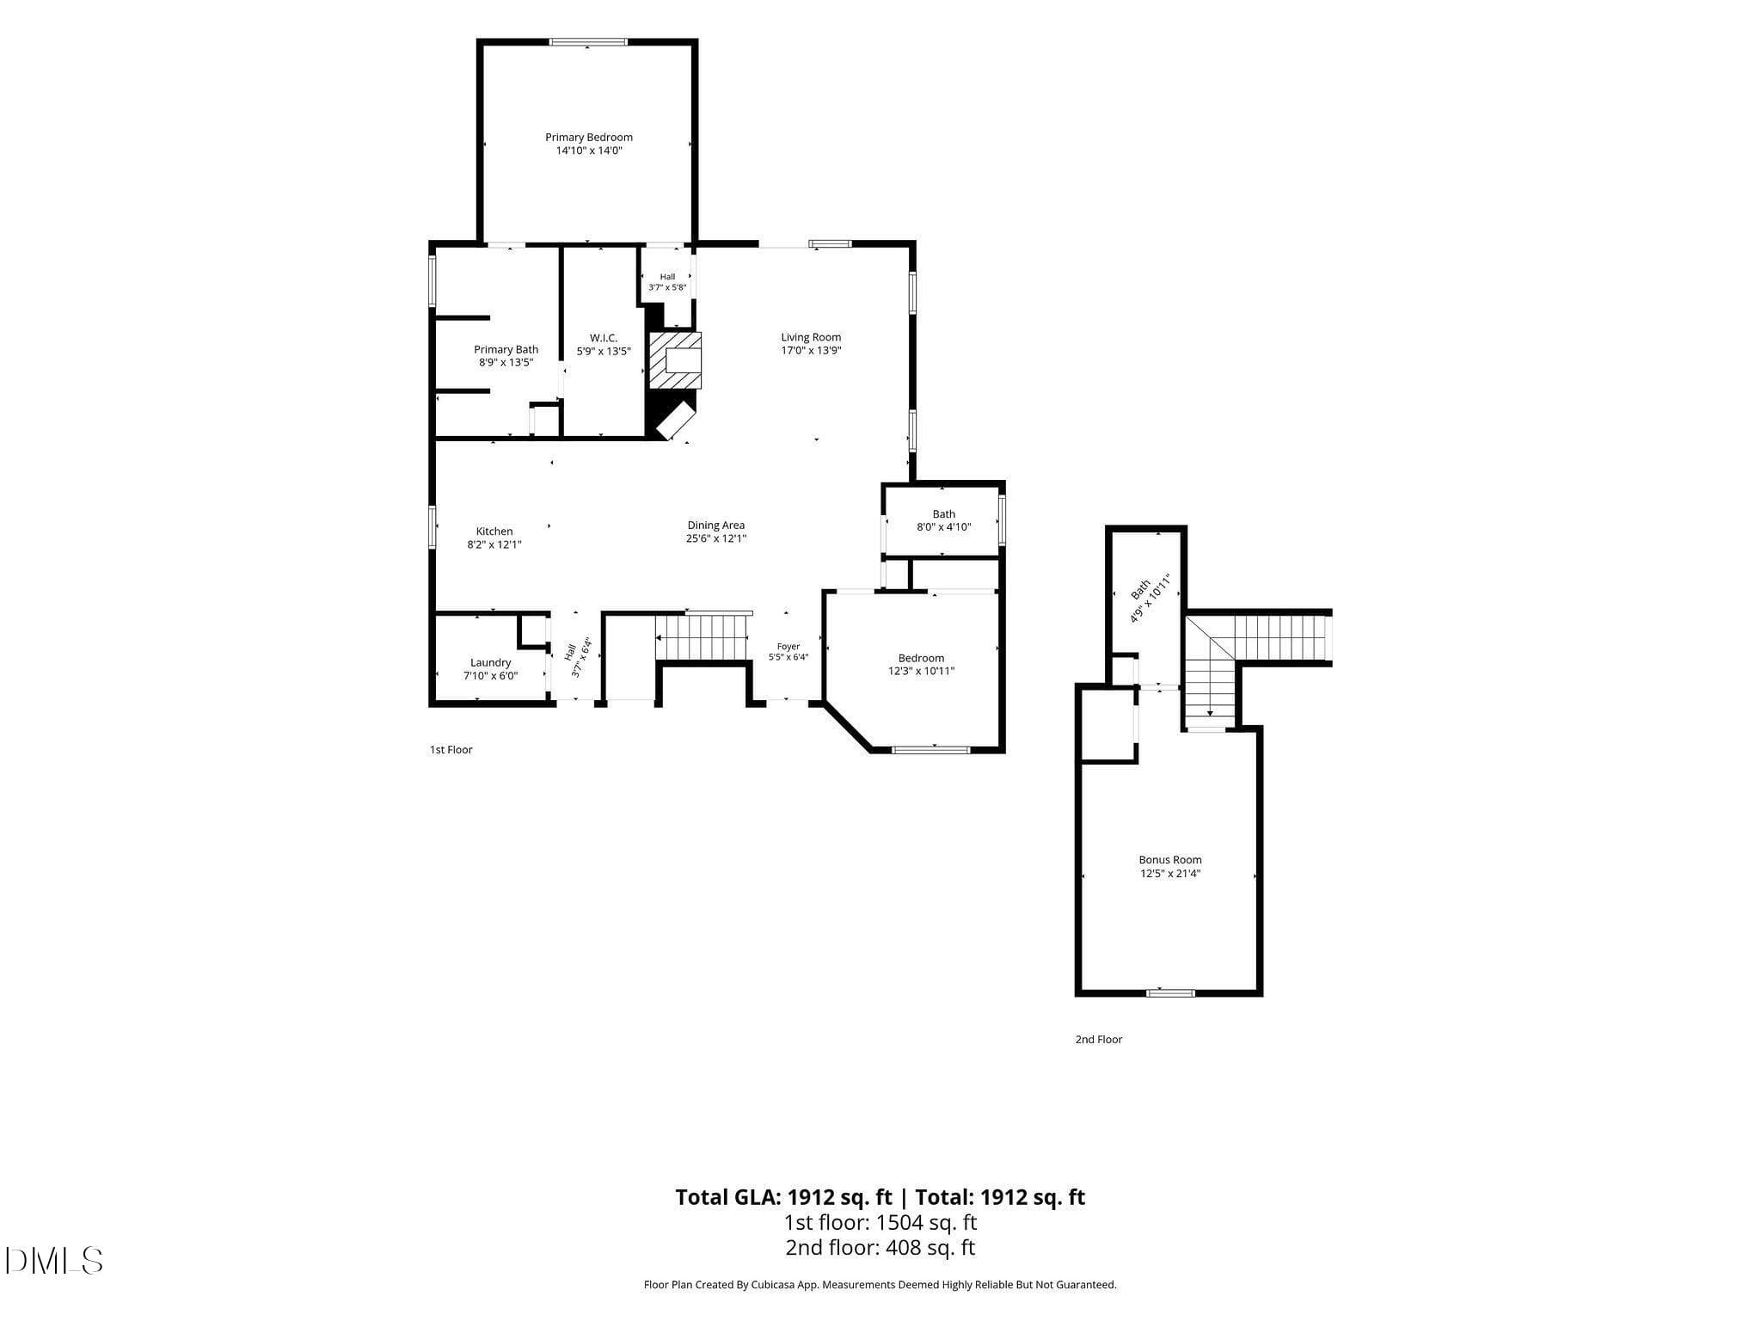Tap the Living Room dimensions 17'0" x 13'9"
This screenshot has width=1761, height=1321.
[x=811, y=351]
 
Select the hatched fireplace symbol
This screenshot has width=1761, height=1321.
[x=675, y=360]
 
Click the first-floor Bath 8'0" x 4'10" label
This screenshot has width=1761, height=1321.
[x=944, y=520]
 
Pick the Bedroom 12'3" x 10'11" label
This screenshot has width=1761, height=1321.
[x=922, y=665]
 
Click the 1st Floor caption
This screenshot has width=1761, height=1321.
[x=451, y=750]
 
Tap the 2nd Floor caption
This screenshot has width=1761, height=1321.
[x=1099, y=1040]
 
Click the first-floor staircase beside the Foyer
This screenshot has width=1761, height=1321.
[x=703, y=637]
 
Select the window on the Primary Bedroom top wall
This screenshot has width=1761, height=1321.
[x=589, y=41]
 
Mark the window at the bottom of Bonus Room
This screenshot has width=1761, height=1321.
[x=1170, y=993]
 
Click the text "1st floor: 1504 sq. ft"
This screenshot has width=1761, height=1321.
[x=880, y=1222]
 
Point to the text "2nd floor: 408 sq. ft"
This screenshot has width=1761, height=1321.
[x=880, y=1248]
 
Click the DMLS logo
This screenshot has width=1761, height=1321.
[x=54, y=1261]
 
